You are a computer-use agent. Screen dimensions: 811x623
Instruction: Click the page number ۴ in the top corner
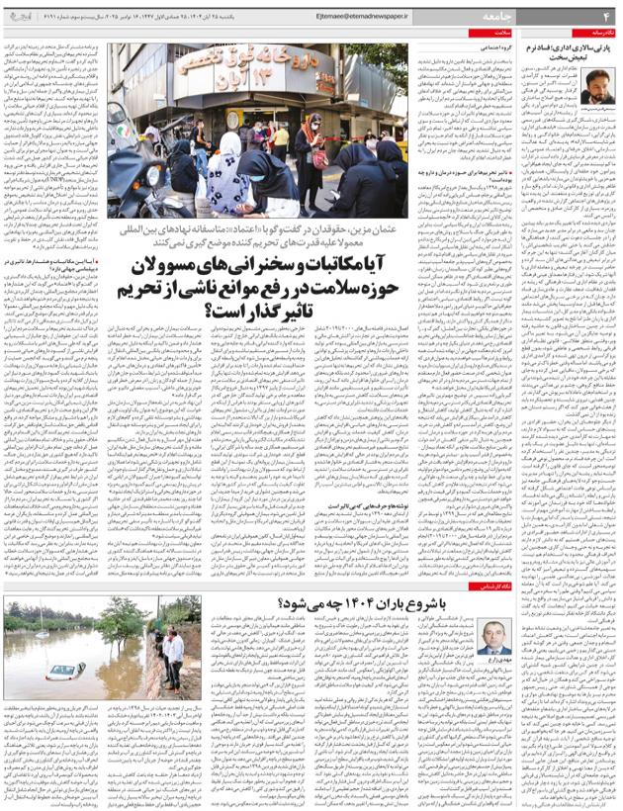606,15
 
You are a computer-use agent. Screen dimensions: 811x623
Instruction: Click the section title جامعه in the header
562,15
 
